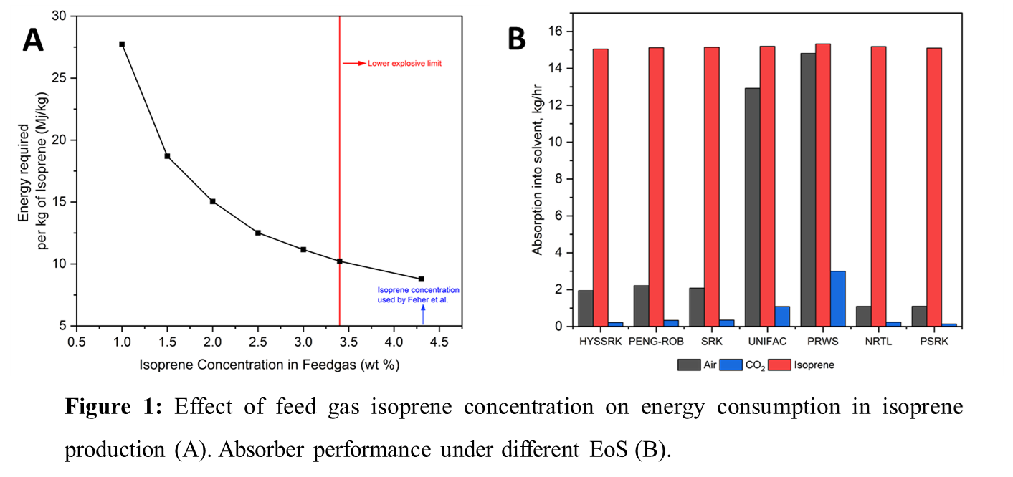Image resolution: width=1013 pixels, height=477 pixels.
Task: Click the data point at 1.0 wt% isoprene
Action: coord(122,44)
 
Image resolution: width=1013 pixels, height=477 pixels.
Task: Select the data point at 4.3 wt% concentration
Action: coord(421,279)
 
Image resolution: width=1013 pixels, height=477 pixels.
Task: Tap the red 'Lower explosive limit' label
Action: coord(404,64)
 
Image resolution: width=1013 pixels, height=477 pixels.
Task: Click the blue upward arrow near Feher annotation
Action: coord(423,314)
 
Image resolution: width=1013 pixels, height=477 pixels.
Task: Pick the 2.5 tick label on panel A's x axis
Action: coord(258,342)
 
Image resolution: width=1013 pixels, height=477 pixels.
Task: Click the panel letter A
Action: coord(34,41)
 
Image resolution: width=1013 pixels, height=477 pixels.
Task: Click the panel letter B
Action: coord(517,39)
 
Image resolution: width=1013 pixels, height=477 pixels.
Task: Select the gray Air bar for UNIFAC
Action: coord(753,207)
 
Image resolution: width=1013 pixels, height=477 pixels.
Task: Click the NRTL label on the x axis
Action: coord(879,342)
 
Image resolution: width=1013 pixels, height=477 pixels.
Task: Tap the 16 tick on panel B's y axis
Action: coord(553,32)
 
